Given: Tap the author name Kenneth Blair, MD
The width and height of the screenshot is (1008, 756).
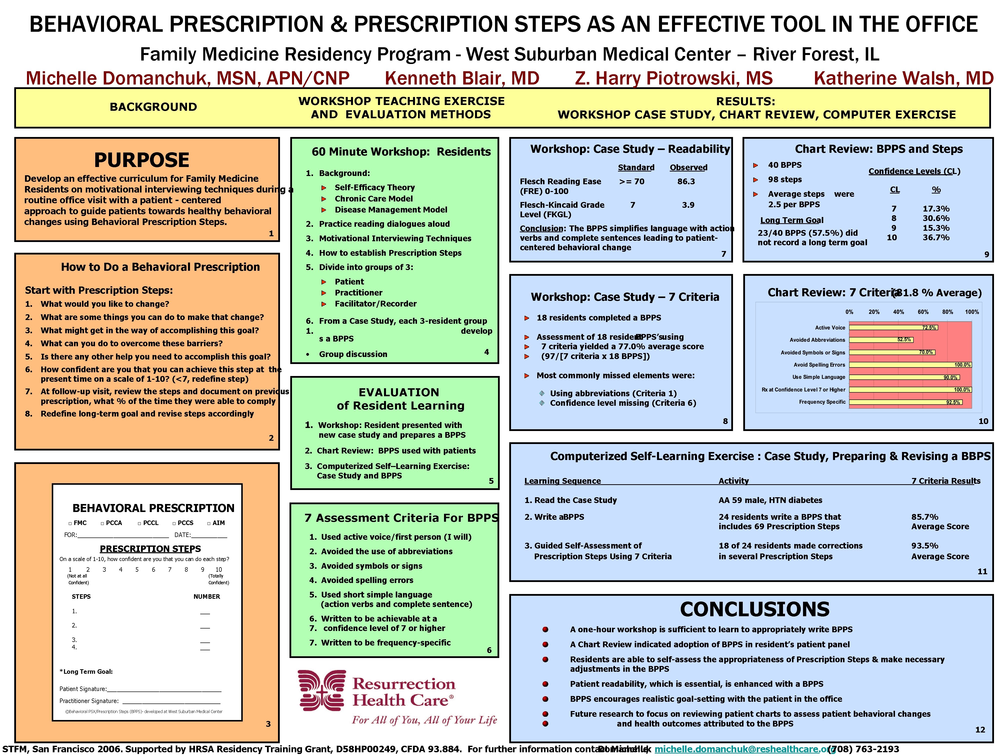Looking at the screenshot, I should [x=461, y=78].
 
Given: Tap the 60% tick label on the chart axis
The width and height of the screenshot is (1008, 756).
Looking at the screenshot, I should [x=923, y=312].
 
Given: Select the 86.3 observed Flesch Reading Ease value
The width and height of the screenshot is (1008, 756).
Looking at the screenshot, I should [x=686, y=181].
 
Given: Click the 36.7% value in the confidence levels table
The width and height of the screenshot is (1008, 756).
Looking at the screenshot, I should [x=936, y=237].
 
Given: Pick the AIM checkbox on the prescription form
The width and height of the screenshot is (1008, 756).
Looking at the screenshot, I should [x=209, y=523].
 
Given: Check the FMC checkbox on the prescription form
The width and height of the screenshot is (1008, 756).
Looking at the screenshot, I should [x=70, y=523].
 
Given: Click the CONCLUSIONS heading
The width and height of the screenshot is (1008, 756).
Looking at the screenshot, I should [x=755, y=609].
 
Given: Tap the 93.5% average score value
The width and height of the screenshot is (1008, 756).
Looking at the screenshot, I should [x=924, y=545].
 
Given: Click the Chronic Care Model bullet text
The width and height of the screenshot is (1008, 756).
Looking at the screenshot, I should [x=373, y=199].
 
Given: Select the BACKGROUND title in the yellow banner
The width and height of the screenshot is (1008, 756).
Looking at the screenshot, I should [x=153, y=107].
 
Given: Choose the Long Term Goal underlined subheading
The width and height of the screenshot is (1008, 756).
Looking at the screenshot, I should [x=791, y=220].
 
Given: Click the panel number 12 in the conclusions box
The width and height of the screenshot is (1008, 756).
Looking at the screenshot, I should [x=980, y=729].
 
